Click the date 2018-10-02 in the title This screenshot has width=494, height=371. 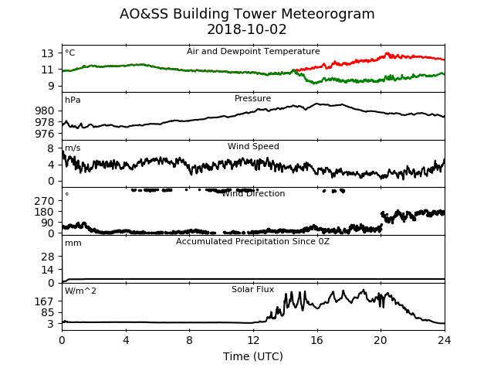(247, 29)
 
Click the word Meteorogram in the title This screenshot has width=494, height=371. (327, 14)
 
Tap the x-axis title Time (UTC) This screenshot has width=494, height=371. (253, 356)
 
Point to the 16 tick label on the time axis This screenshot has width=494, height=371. (317, 340)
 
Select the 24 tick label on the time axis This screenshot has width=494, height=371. (445, 340)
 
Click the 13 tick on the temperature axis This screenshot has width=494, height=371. (48, 53)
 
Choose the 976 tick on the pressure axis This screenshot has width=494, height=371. (45, 134)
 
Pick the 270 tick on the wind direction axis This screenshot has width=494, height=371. (45, 201)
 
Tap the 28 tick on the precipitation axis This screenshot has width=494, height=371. (48, 257)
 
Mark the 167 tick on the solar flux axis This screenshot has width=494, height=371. (45, 302)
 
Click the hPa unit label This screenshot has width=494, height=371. (73, 100)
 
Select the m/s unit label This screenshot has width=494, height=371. (73, 148)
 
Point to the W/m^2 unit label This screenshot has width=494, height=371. (80, 291)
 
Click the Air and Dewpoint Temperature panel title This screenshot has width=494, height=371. (253, 52)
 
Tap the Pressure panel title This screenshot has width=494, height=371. (253, 98)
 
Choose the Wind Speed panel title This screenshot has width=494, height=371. (253, 146)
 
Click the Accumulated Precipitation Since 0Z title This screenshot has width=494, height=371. (252, 242)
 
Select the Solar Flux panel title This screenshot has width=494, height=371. (253, 289)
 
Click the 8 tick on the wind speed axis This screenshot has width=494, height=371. (51, 148)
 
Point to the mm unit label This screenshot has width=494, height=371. (73, 243)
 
